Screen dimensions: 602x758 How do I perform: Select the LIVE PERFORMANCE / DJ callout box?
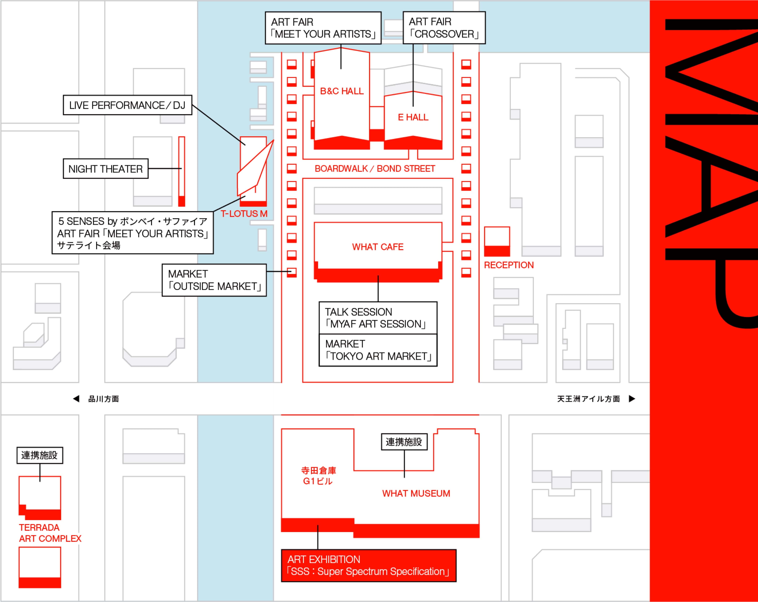click(127, 105)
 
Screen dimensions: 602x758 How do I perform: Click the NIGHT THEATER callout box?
click(105, 169)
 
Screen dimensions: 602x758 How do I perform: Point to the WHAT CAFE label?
click(378, 247)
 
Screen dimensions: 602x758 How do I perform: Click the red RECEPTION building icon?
click(497, 241)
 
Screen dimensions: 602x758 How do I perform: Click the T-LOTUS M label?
click(244, 214)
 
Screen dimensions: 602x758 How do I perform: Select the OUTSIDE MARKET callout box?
click(214, 280)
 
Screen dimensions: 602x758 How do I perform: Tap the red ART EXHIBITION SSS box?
click(369, 565)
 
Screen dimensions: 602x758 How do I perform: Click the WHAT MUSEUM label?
click(416, 493)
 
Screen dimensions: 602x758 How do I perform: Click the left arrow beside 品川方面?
click(76, 399)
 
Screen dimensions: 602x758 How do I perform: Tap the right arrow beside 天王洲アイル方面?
click(632, 399)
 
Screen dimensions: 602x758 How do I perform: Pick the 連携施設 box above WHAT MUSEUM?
click(404, 442)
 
